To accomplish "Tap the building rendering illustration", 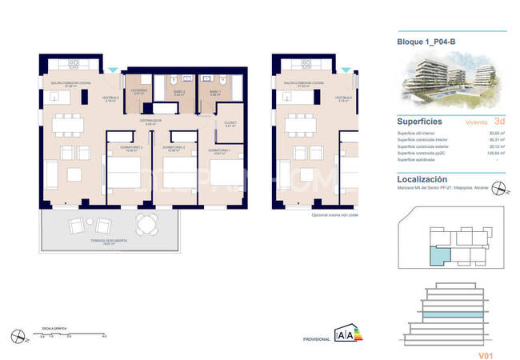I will pyautogui.click(x=452, y=84).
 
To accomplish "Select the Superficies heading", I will pyautogui.click(x=422, y=122).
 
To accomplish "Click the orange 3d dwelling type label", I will pyautogui.click(x=500, y=122).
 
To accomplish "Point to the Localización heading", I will pyautogui.click(x=422, y=179).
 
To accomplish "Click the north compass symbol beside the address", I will pyautogui.click(x=500, y=190).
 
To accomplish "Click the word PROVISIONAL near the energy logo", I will pyautogui.click(x=317, y=339).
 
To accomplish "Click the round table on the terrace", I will pyautogui.click(x=144, y=224).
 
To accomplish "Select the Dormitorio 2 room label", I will pyautogui.click(x=174, y=149).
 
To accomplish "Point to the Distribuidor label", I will pyautogui.click(x=154, y=122).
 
